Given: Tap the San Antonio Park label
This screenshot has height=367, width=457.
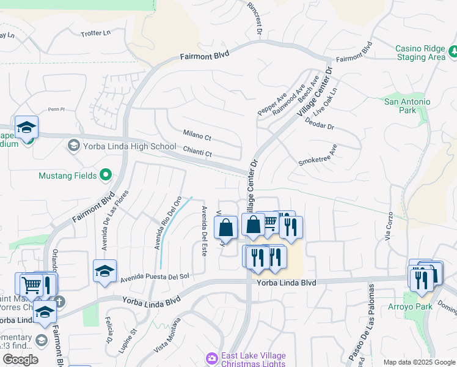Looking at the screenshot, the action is point(407,106).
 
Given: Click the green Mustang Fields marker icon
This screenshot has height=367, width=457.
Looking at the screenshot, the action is point(106,176).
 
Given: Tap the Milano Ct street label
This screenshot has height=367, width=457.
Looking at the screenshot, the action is point(197,134).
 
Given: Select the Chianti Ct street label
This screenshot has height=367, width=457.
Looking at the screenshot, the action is point(197,150).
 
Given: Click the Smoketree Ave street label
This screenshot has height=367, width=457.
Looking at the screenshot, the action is point(318,156).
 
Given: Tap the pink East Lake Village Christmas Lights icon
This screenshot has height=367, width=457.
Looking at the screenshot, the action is point(212,357).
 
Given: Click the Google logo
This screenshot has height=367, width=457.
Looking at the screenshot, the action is point(20,359).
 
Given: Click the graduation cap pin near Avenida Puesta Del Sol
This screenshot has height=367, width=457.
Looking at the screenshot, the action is point(104,270).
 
